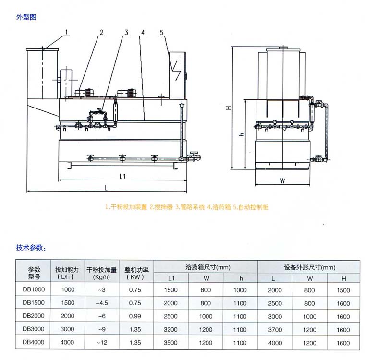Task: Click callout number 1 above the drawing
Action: point(67,33)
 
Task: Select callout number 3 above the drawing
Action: point(126,33)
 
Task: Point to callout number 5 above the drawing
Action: point(162,33)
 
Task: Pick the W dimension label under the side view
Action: point(282,181)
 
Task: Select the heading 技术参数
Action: point(31,248)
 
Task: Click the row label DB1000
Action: point(34,290)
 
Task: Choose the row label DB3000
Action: point(34,330)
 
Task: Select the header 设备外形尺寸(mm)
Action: point(309,267)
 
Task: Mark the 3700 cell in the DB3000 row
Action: point(275,330)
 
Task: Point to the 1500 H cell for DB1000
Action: point(343,290)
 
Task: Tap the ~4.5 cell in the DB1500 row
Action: point(101,303)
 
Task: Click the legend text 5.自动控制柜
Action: point(254,207)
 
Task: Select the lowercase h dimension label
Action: point(242,134)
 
